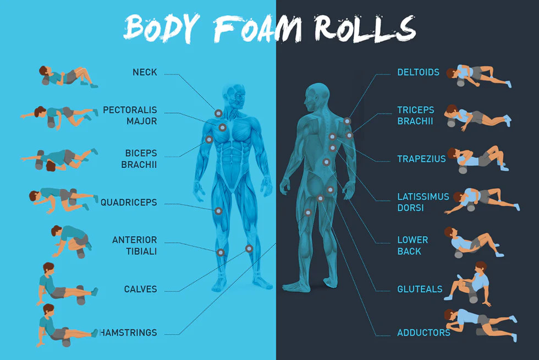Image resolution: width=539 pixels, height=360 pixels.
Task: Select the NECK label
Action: (145, 72)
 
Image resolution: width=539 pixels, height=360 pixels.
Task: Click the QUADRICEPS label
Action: (129, 203)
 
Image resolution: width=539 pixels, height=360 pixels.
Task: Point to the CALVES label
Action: (140, 289)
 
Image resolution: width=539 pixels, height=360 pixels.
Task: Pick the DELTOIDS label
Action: (418, 72)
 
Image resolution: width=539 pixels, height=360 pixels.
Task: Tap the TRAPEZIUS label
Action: (421, 159)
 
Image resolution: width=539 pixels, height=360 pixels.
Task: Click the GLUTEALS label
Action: (420, 289)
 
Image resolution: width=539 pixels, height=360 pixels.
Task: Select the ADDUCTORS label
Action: (424, 332)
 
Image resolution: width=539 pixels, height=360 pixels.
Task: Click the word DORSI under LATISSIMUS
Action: (409, 208)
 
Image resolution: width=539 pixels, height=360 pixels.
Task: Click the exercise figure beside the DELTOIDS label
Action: (478, 76)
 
